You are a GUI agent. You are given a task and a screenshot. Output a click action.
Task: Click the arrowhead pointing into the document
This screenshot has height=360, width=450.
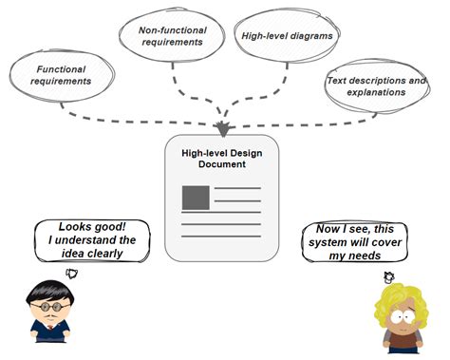point(223,128)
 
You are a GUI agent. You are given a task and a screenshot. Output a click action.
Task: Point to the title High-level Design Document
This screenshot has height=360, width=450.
point(221,158)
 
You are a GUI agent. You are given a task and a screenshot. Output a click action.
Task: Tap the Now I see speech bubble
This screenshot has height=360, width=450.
point(354,242)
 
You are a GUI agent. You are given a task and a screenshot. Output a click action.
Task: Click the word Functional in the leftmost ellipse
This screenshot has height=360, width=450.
point(61,68)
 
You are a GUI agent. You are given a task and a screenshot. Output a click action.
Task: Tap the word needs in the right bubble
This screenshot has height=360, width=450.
point(358,256)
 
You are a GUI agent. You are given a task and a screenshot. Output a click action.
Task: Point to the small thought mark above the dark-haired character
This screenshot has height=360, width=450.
point(72,274)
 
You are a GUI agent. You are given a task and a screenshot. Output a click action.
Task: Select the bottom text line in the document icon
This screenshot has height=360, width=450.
point(220,234)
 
